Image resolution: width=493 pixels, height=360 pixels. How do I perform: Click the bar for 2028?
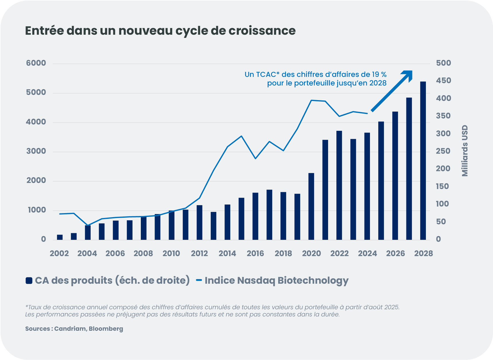tap(423, 161)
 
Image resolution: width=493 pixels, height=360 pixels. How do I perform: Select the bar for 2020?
tap(311, 207)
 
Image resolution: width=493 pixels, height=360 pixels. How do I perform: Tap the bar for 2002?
tap(60, 237)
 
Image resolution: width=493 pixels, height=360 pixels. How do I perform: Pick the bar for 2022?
tap(339, 185)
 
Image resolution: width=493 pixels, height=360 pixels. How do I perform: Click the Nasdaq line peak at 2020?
tap(311, 100)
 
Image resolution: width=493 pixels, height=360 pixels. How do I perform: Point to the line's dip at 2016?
tap(255, 158)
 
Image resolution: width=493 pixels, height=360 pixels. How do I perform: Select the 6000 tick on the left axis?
tap(36, 63)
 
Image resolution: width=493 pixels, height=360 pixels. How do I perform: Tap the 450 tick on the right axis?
tap(443, 81)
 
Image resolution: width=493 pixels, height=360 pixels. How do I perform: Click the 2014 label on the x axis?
tap(227, 254)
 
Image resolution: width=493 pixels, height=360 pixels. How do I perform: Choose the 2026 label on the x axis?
tap(395, 254)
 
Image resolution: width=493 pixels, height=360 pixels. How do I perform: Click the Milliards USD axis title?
tap(465, 151)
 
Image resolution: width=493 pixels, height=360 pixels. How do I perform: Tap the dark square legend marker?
tap(29, 281)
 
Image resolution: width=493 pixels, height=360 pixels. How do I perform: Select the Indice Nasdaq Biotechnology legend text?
tap(276, 280)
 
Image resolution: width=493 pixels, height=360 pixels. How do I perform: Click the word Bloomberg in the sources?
tap(106, 329)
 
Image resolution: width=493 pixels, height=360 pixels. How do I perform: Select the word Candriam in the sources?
tap(70, 329)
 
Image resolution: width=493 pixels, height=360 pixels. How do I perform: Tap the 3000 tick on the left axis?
tap(36, 151)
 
